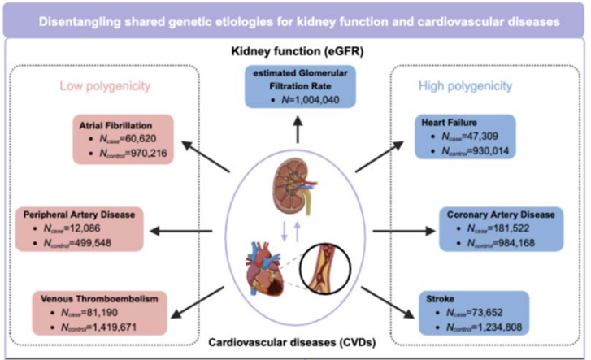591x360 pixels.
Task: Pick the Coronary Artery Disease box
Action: pyautogui.click(x=504, y=229)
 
